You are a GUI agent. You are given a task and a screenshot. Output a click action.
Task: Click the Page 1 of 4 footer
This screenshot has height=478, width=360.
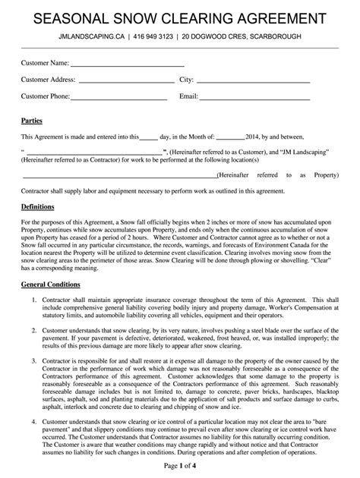coord(179,464)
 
